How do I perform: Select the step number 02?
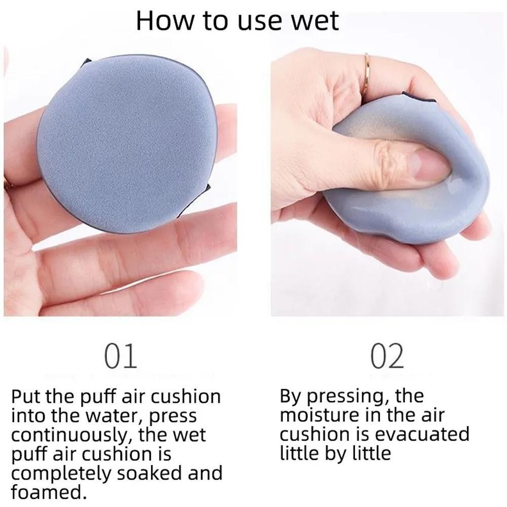[387, 356]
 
